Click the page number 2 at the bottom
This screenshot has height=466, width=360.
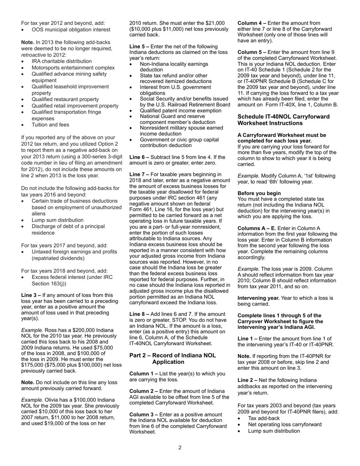tap(180, 447)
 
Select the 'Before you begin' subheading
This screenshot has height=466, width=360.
tap(259, 193)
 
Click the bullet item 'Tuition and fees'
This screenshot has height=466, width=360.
tap(50, 125)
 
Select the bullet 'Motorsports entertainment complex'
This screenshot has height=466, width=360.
tap(73, 68)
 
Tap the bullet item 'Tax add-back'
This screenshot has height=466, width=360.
tap(264, 418)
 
